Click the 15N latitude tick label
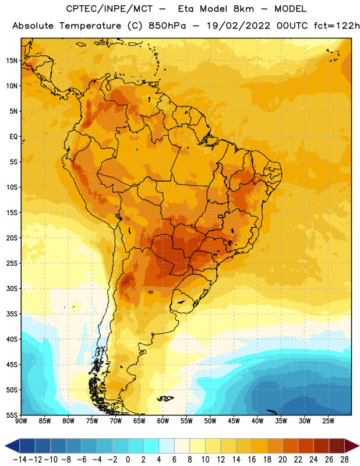12,61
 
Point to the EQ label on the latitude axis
13,137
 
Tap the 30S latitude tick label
12,288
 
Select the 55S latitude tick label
12,415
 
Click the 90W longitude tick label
21,421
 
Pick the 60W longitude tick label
163,421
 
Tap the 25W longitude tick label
328,421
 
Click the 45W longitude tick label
234,421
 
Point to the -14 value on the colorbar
20,460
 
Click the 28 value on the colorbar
344,460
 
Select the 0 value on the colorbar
128,460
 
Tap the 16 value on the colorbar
252,460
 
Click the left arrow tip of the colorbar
5,446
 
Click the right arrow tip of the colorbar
359,446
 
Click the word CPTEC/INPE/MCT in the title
110,9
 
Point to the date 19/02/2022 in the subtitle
238,26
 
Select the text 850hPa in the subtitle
167,26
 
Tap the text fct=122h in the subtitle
337,26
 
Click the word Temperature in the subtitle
90,26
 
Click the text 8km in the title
243,9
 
